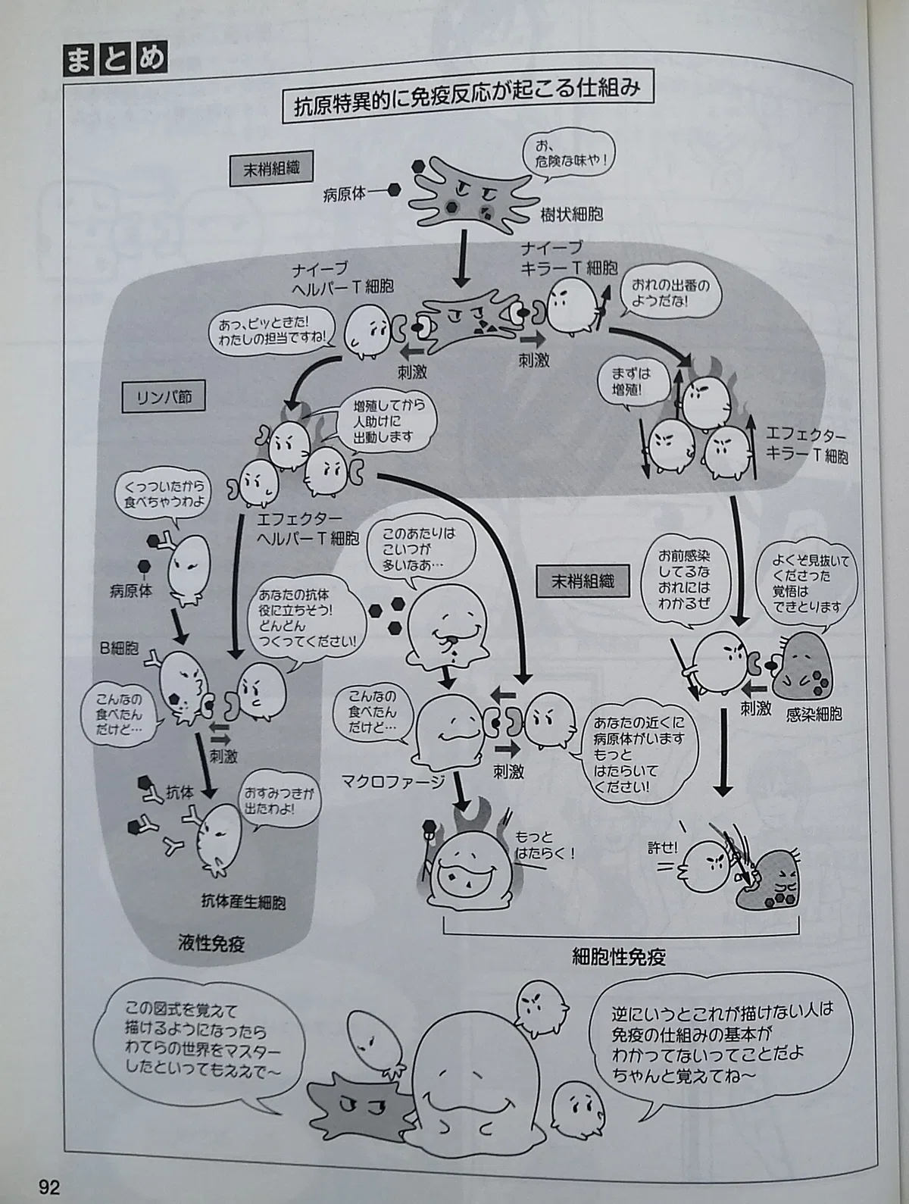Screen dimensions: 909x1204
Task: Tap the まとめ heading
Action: coord(116,61)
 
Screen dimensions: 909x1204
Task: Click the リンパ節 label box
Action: coord(164,396)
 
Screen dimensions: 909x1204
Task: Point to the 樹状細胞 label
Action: coord(571,214)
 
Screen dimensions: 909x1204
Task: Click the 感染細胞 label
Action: coord(814,715)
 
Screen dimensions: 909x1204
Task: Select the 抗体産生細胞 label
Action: coord(243,902)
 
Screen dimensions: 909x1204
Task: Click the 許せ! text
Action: coord(662,848)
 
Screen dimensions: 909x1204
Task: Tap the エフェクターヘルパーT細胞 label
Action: coord(308,530)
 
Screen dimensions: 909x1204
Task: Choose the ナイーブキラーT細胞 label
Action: coord(569,257)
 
